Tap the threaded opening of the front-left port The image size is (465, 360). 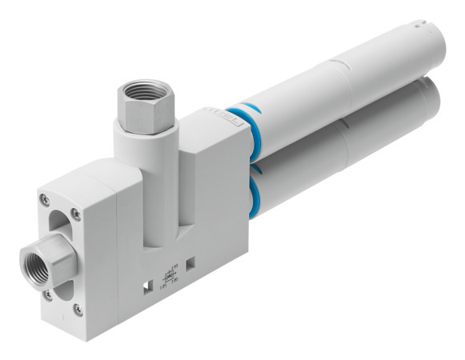[38, 259]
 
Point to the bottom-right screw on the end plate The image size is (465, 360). [78, 308]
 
